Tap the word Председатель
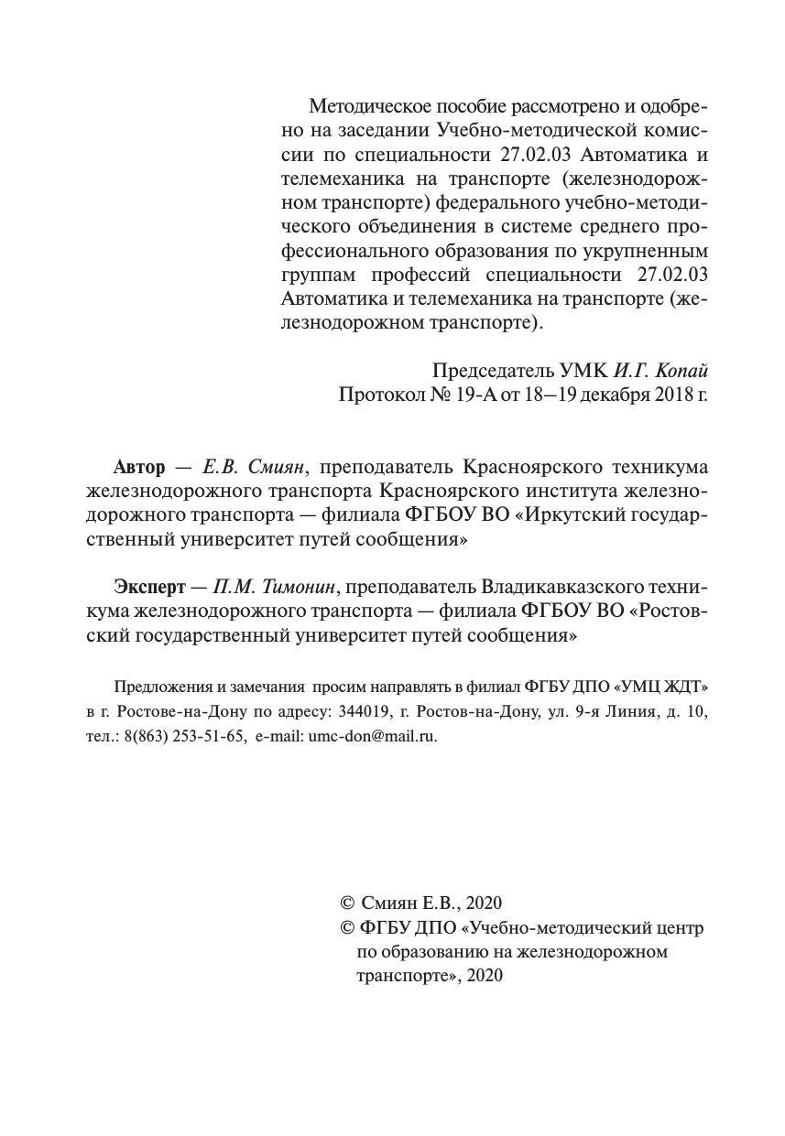pyautogui.click(x=493, y=371)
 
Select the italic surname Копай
pyautogui.click(x=684, y=371)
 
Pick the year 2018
pyautogui.click(x=673, y=395)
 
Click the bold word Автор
pyautogui.click(x=139, y=467)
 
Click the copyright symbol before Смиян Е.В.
pyautogui.click(x=347, y=903)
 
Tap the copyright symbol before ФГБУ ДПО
pyautogui.click(x=347, y=928)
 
